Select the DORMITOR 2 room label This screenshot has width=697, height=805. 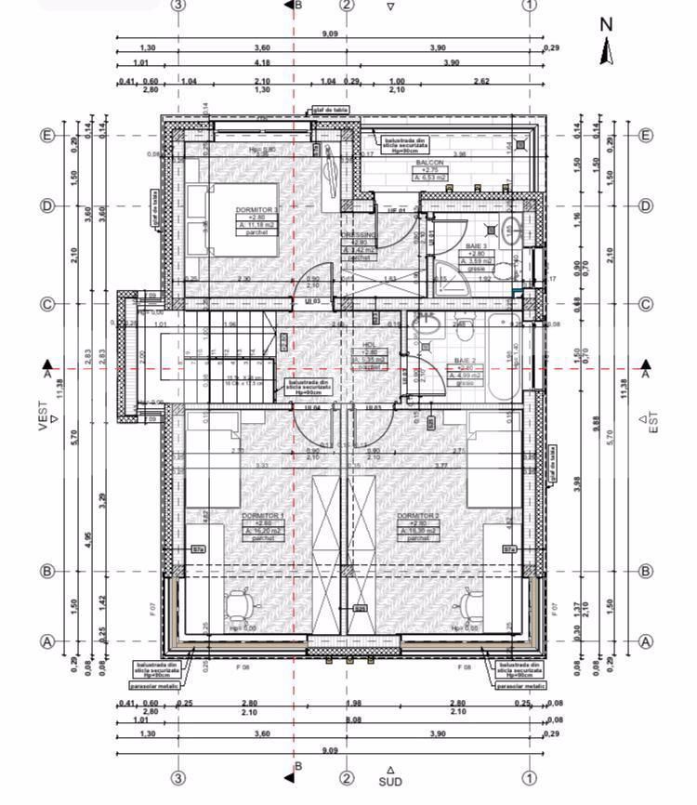pyautogui.click(x=416, y=515)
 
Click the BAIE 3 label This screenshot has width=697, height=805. pyautogui.click(x=476, y=245)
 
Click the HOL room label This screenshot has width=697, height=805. pyautogui.click(x=370, y=344)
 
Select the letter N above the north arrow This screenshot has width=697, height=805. pyautogui.click(x=607, y=25)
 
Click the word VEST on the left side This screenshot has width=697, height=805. pyautogui.click(x=42, y=416)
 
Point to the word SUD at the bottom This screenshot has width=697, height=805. pyautogui.click(x=390, y=783)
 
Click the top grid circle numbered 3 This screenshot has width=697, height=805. pyautogui.click(x=178, y=5)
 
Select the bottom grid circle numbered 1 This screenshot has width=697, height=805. pyautogui.click(x=530, y=778)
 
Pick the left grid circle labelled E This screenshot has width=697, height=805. pyautogui.click(x=47, y=135)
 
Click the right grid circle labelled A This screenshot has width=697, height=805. pyautogui.click(x=646, y=641)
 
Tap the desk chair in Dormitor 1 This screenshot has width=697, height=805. pyautogui.click(x=242, y=605)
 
